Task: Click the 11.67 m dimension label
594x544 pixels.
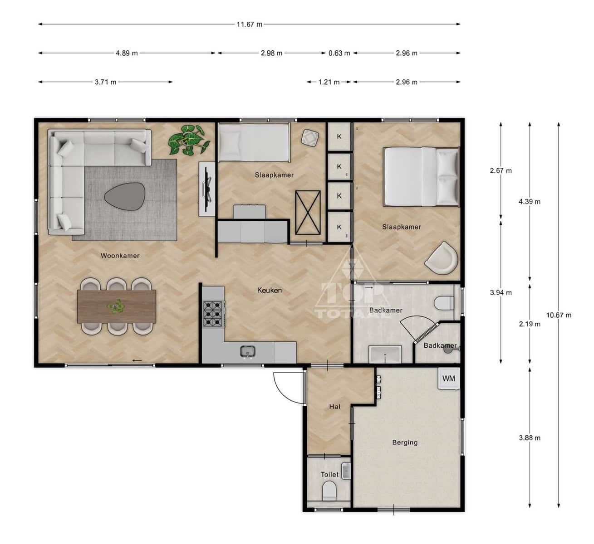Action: click(249, 24)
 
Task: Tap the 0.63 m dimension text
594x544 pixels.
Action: click(339, 53)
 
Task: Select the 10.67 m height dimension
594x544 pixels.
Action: click(559, 315)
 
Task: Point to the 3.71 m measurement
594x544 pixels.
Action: click(105, 82)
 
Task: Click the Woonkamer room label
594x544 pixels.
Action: click(120, 256)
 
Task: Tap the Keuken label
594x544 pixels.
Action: click(270, 290)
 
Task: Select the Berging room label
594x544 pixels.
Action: click(405, 442)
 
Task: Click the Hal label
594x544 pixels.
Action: click(334, 407)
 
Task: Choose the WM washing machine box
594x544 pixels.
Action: click(449, 379)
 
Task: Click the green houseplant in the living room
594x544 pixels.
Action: click(189, 140)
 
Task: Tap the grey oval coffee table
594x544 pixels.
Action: click(125, 196)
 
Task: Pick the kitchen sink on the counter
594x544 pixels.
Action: click(248, 352)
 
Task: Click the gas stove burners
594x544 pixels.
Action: click(213, 313)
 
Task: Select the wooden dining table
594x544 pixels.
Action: click(116, 306)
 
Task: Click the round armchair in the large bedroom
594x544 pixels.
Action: click(442, 258)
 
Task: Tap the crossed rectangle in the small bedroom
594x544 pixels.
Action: click(308, 213)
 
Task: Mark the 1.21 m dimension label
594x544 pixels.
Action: click(329, 82)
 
